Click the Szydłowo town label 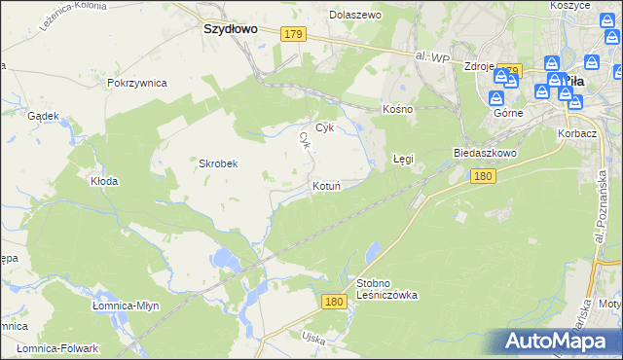(230, 29)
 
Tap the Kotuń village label (325, 186)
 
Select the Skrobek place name (219, 163)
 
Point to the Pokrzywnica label (137, 83)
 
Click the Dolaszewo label (355, 16)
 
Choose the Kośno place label (398, 109)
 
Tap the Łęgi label (403, 158)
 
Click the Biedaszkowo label (484, 154)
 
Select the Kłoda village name (104, 181)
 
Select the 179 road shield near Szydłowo (294, 34)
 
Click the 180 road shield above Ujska (335, 303)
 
